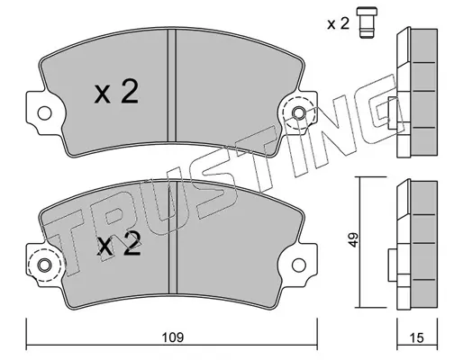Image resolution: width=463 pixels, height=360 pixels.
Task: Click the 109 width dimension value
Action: tap(173, 337)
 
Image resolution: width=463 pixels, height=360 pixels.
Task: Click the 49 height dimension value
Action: tap(354, 239)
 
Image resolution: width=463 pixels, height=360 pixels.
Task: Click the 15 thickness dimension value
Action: tap(417, 337)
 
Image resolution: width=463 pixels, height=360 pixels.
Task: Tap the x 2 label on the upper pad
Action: tap(116, 93)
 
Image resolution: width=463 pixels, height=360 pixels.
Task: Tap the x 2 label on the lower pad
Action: tap(119, 244)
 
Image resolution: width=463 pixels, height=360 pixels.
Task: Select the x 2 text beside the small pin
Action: tap(339, 23)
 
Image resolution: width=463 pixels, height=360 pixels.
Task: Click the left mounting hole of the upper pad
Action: tap(44, 113)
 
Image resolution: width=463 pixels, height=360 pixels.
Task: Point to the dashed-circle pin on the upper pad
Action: tap(299, 113)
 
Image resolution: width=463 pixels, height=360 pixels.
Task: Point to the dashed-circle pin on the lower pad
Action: tap(44, 265)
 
